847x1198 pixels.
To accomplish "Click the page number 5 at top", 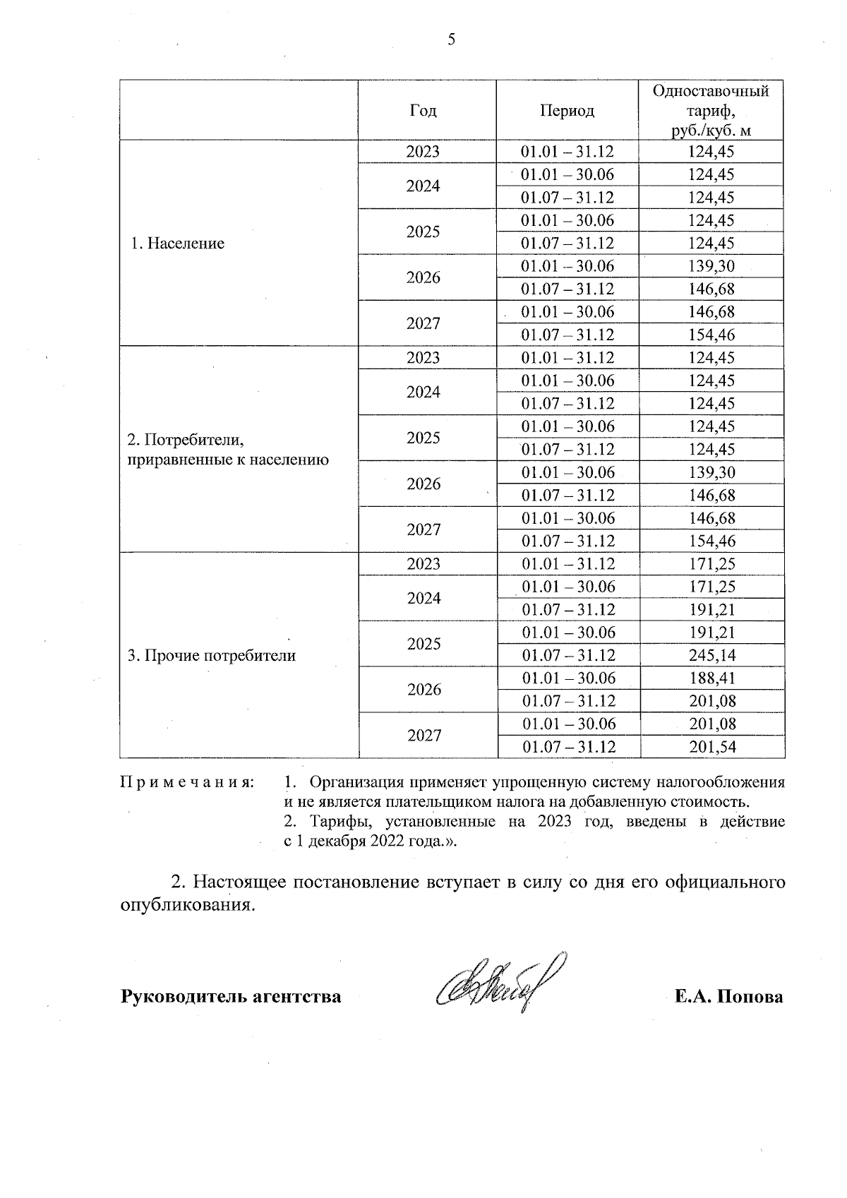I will (x=452, y=40).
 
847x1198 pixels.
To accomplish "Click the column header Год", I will (x=423, y=111).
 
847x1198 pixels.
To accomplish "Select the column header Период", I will (x=567, y=111).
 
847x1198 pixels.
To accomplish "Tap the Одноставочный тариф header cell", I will (x=711, y=111).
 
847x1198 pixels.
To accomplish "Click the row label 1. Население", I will (x=178, y=244).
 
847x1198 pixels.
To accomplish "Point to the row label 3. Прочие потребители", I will (x=211, y=656).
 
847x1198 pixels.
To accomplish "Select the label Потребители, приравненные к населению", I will (x=227, y=450).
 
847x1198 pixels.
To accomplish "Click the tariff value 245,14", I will (x=711, y=656).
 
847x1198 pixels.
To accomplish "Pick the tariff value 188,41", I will (x=711, y=678).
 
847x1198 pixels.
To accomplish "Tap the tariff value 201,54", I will (x=711, y=747).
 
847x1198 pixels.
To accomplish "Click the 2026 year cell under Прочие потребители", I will (x=423, y=690).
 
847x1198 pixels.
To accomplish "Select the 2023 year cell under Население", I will (x=423, y=152).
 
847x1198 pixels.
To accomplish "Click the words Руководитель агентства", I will (x=232, y=997).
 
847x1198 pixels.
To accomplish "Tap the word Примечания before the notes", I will (x=187, y=783).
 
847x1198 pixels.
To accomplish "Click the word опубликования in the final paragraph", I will (x=186, y=906).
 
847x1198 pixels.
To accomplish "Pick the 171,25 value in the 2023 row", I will (x=711, y=564).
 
